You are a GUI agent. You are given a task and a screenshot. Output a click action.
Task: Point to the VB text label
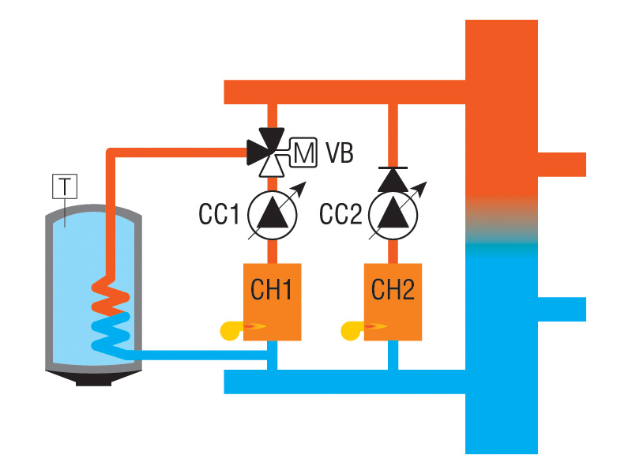339,152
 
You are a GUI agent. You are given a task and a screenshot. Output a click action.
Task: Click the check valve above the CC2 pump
393,179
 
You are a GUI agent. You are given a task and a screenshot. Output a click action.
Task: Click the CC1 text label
219,213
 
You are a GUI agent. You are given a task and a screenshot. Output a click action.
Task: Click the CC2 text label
340,213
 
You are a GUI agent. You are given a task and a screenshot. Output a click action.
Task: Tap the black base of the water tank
95,380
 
